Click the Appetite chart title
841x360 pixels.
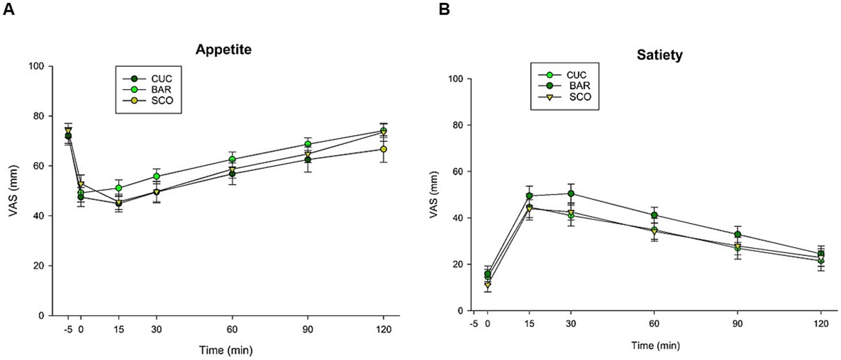223,49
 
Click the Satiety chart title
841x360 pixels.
660,55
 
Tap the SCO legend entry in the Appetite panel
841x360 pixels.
162,100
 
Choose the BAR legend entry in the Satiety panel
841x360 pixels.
579,86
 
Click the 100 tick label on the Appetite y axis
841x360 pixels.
36,66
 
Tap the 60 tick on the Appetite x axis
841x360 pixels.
232,329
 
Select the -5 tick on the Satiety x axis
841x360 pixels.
474,324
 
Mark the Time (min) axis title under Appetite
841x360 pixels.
226,350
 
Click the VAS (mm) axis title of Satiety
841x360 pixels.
434,195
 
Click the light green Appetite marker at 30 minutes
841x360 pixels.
157,177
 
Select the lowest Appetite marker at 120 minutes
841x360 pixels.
383,149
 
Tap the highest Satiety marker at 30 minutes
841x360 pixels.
571,194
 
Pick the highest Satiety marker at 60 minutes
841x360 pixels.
654,215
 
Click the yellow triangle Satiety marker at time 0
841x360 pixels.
487,285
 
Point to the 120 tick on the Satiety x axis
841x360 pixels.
821,324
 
